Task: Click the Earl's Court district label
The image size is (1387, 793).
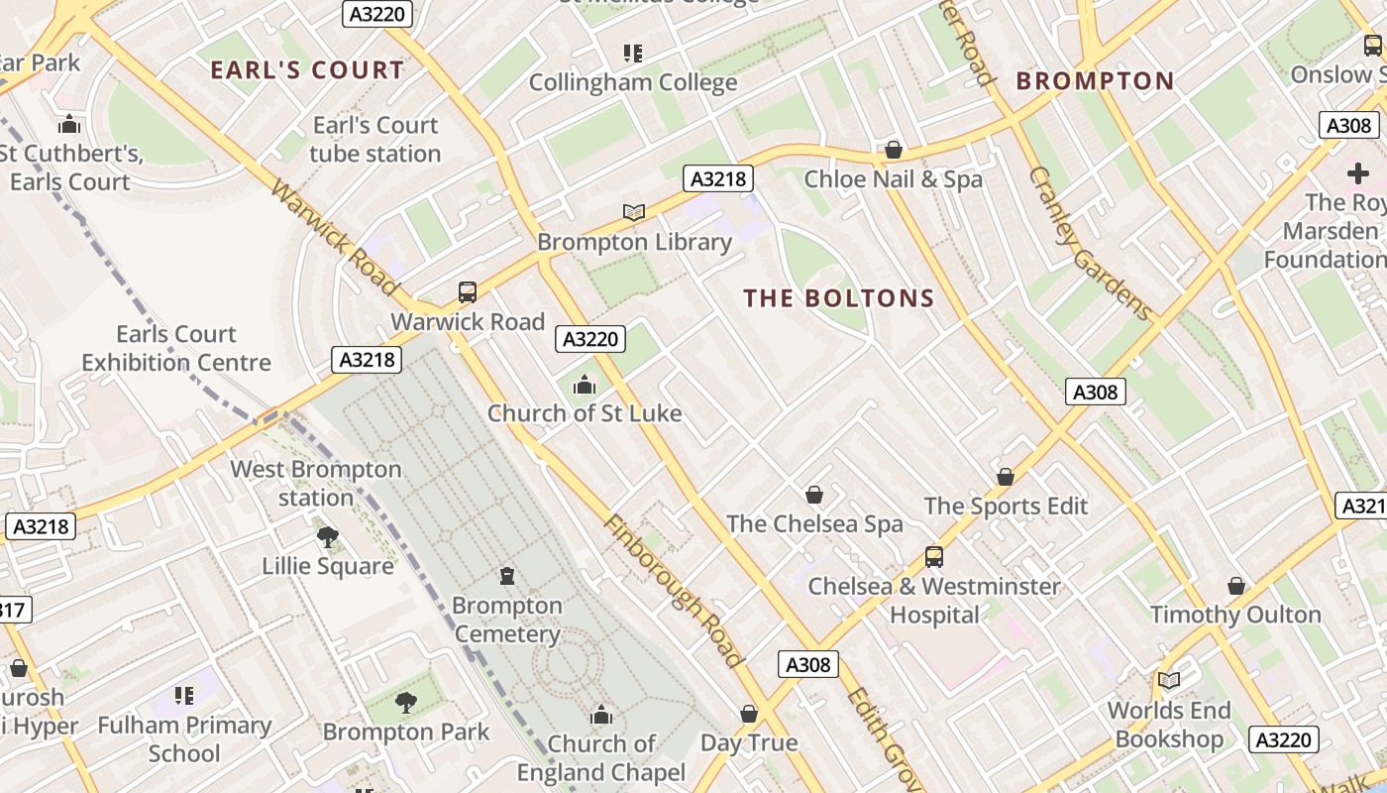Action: click(307, 69)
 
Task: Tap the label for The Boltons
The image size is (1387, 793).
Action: click(839, 298)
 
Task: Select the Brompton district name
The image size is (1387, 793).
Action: click(1095, 81)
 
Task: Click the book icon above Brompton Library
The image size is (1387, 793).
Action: click(634, 212)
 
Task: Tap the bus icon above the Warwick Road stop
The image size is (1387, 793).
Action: click(468, 292)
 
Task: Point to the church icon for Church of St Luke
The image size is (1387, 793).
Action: click(585, 384)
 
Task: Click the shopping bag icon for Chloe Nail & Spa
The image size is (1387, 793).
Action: click(893, 150)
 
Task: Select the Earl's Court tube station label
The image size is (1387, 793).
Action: click(374, 140)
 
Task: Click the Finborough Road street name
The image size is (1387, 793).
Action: click(673, 591)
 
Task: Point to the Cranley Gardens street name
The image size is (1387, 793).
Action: click(1091, 244)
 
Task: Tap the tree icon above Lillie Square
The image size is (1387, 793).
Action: click(327, 537)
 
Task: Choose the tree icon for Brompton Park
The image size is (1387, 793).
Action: click(405, 703)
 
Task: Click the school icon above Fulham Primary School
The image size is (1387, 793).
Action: click(184, 696)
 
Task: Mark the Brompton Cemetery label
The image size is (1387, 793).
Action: click(506, 620)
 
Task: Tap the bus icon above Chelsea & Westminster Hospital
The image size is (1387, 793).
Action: click(933, 557)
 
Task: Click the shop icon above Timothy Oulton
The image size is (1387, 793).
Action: click(1235, 586)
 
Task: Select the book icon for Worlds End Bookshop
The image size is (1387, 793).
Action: click(1169, 681)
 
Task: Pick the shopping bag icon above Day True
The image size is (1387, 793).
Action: click(749, 714)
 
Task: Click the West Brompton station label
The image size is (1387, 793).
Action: click(316, 483)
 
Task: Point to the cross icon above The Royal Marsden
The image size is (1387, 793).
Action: click(1357, 173)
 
